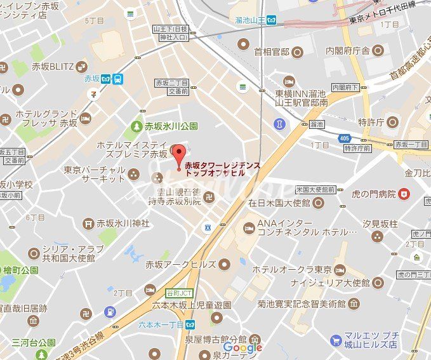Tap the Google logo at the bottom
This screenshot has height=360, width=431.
tap(243, 347)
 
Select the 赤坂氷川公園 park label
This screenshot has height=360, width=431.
tap(171, 126)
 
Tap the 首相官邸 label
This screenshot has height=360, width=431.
tap(271, 51)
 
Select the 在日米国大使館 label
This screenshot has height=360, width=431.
tap(279, 203)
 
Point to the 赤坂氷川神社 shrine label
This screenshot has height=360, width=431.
tap(123, 223)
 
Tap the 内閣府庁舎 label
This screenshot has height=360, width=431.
tap(347, 50)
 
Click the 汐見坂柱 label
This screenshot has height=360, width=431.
tap(380, 223)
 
